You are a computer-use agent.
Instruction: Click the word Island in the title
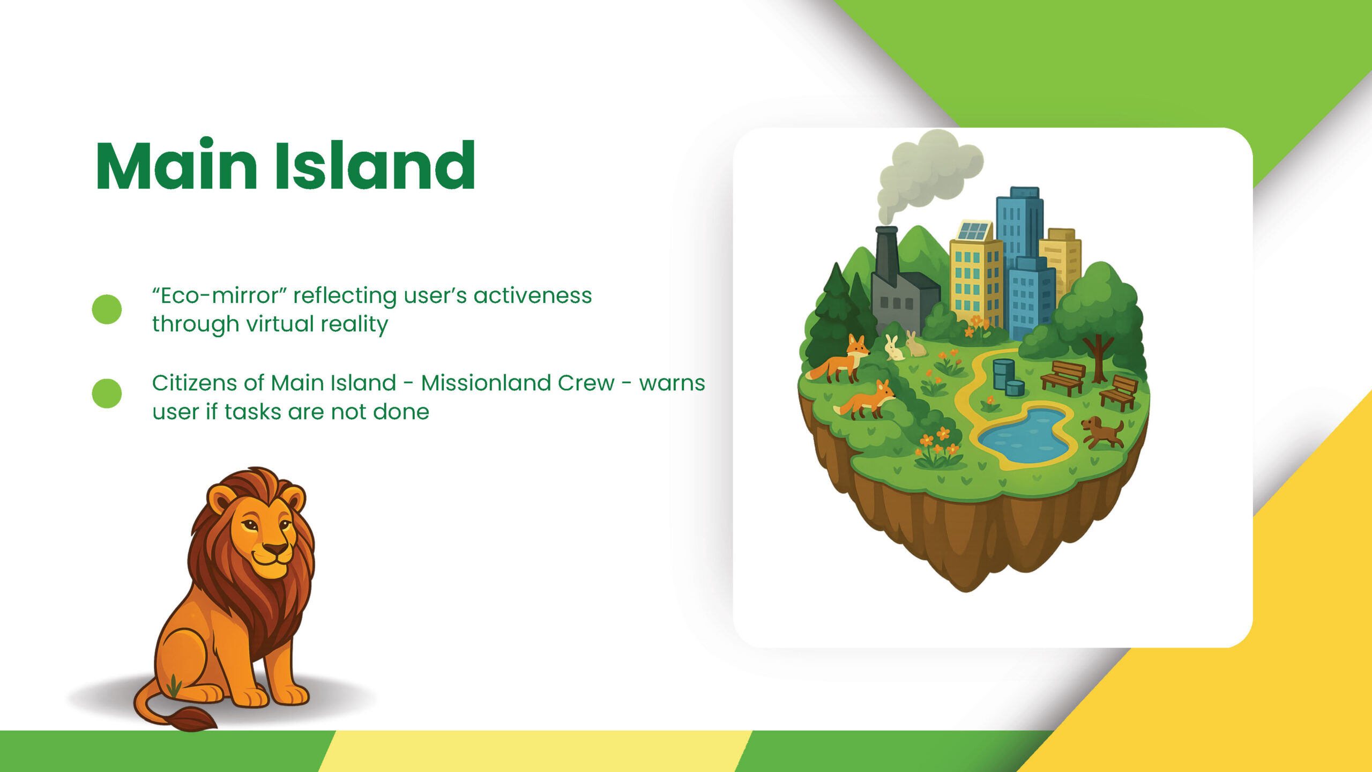click(x=375, y=165)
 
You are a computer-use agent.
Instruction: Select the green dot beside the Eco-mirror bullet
click(x=107, y=309)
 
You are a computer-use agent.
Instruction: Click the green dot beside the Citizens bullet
click(x=107, y=394)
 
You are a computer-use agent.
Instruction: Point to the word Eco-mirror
click(x=219, y=295)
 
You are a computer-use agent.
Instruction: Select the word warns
click(x=672, y=384)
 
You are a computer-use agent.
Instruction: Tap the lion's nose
click(x=275, y=548)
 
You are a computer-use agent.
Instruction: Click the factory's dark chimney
click(x=887, y=255)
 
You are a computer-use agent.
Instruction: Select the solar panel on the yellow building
click(x=973, y=231)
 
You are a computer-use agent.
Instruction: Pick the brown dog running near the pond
click(x=1102, y=432)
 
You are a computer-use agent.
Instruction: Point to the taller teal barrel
click(x=1003, y=373)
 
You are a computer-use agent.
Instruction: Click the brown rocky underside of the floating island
click(x=970, y=536)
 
